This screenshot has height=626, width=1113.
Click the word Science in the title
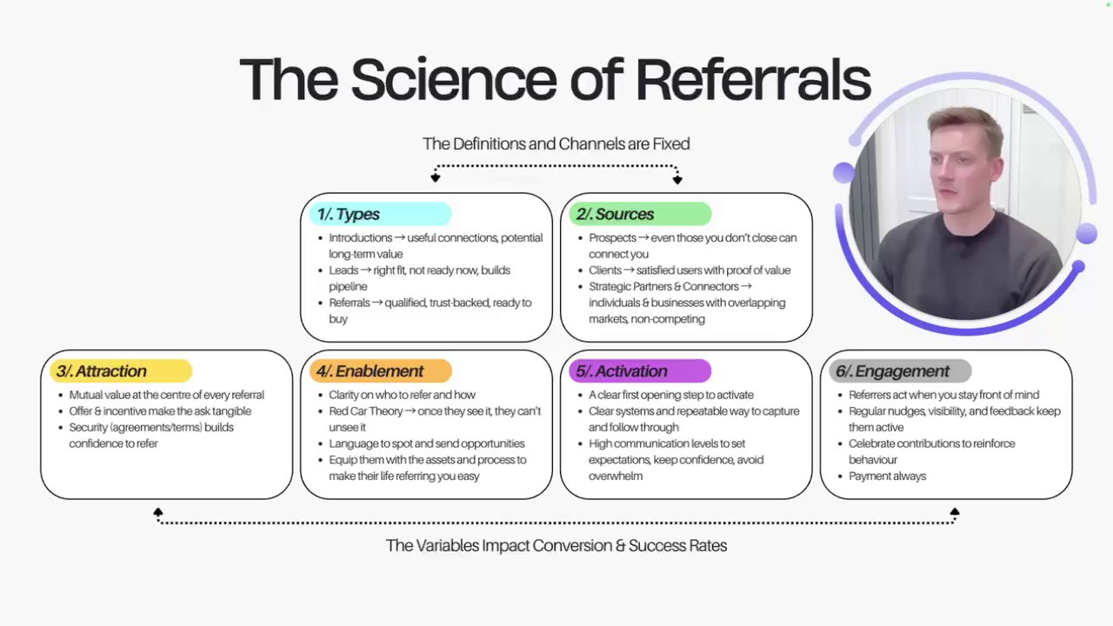(x=453, y=79)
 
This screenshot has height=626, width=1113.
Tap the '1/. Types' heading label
(x=348, y=214)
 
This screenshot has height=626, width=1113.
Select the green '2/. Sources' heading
(x=615, y=214)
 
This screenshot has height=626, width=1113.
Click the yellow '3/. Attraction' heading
(x=102, y=371)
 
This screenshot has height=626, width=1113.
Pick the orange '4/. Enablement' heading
(x=370, y=371)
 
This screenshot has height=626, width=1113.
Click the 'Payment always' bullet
(x=887, y=476)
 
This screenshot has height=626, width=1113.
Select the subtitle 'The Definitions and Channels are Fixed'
(x=556, y=143)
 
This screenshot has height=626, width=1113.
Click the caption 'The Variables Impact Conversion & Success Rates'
(x=556, y=545)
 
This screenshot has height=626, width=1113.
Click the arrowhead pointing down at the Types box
(x=436, y=178)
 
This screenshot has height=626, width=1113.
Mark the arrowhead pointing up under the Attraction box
(x=157, y=513)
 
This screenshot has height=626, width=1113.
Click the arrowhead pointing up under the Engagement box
(x=955, y=513)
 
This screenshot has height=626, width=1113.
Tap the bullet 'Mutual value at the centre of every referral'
(x=166, y=395)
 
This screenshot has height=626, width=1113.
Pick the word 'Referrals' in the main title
(x=753, y=79)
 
